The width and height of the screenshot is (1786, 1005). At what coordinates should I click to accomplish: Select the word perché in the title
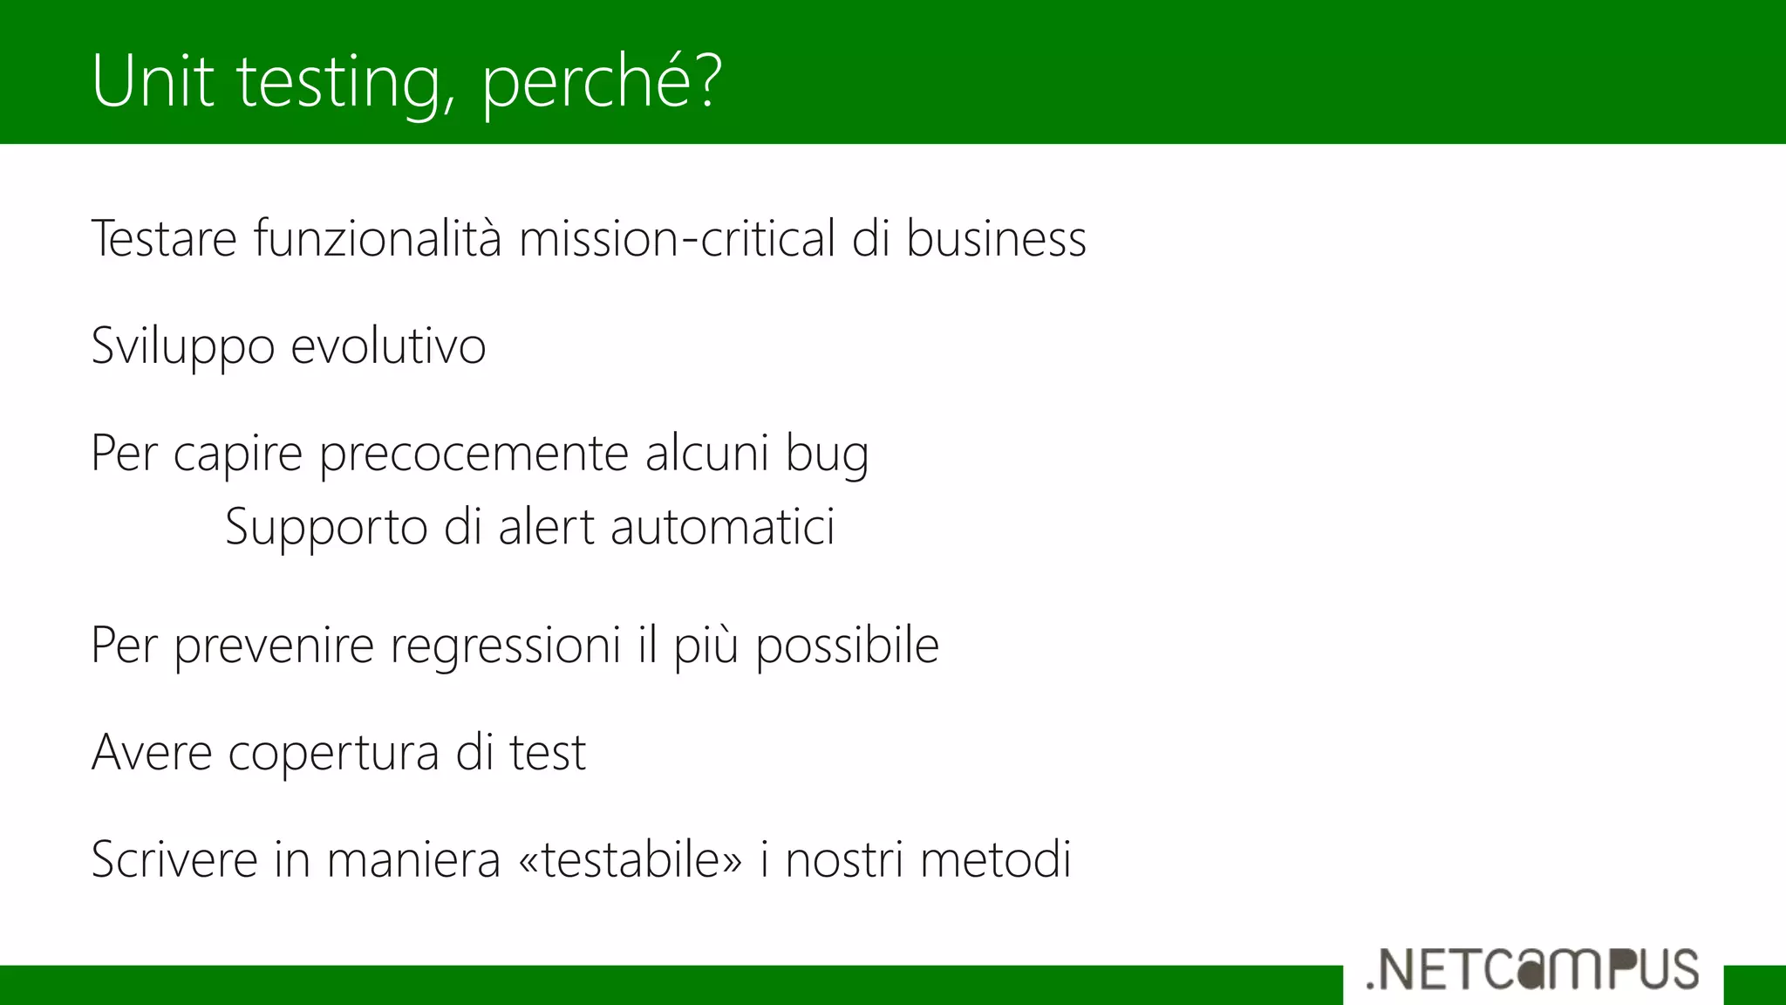tap(588, 84)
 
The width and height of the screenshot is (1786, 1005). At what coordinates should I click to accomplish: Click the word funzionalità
tap(378, 238)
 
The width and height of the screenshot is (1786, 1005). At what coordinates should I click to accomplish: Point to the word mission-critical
tap(677, 238)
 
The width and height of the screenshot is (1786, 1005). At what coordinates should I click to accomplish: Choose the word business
tap(996, 238)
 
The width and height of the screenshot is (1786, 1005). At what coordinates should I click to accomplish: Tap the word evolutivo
tap(388, 345)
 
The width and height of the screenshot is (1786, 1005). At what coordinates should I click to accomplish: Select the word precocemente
tap(474, 455)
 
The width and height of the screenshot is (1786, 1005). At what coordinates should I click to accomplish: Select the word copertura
tap(333, 754)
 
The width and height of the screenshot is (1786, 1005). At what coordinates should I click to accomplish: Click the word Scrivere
tap(174, 859)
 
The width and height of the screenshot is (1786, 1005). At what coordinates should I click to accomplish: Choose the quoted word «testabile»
tap(631, 859)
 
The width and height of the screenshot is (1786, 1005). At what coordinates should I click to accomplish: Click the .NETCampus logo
tap(1532, 969)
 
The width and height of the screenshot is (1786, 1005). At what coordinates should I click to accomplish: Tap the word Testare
tap(164, 238)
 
